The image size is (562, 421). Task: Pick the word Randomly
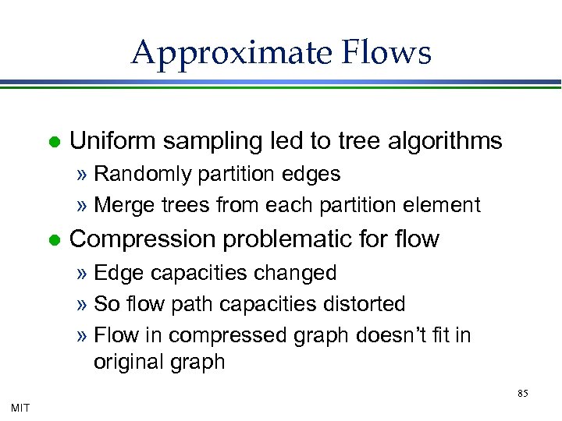click(142, 175)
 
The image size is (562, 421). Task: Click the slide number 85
click(523, 394)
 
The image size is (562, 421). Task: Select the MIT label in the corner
click(20, 407)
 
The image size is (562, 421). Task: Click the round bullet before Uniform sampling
click(53, 143)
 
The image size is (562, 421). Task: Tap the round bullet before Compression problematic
click(53, 240)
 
